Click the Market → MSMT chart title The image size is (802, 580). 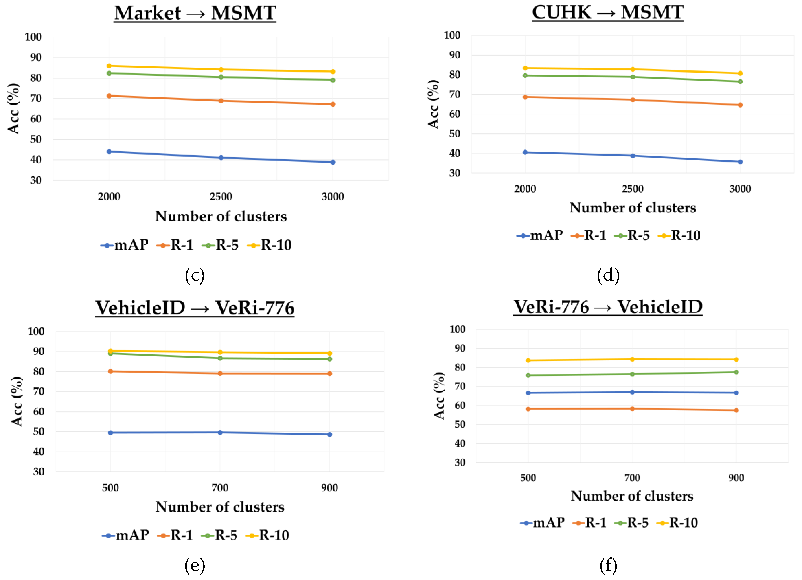tap(195, 13)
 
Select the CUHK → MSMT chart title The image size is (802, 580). tap(607, 12)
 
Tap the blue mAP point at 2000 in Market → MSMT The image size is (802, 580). tap(109, 152)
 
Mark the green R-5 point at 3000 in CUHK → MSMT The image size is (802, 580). tap(740, 82)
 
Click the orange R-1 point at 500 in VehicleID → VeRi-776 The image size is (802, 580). tap(110, 371)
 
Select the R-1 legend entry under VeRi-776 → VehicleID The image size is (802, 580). tap(589, 523)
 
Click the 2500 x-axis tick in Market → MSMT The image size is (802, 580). tap(221, 197)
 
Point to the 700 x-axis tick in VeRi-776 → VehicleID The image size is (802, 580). tap(632, 478)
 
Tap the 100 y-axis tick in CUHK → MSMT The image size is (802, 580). tap(452, 35)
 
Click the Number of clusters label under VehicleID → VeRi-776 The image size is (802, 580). tap(220, 507)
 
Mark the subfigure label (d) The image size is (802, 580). tap(608, 275)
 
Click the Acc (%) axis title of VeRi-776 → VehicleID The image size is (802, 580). tap(439, 396)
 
